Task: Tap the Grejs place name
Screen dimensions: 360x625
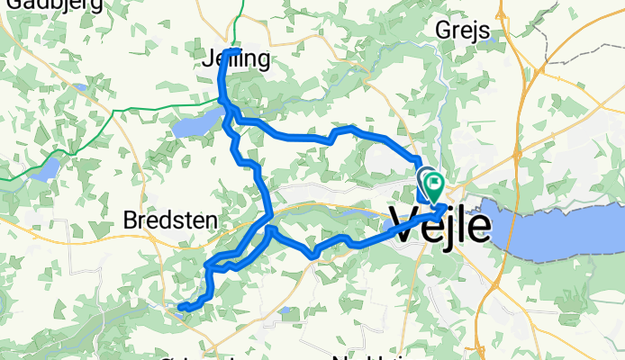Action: pos(461,31)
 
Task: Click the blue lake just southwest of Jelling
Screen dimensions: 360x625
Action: pos(198,125)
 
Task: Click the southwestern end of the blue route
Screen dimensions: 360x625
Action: pos(181,309)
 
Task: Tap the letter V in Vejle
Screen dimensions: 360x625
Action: pos(404,223)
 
